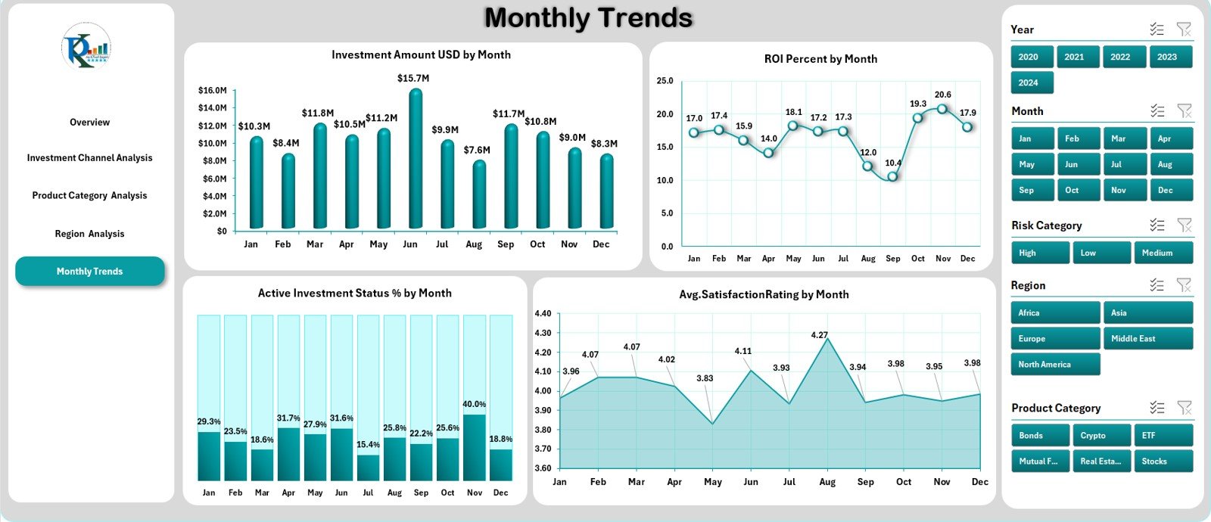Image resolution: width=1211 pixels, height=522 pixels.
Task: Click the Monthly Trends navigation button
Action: point(89,272)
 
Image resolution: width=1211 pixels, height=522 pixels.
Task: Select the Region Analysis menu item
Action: point(89,234)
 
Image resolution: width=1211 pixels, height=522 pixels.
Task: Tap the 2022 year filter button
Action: point(1120,57)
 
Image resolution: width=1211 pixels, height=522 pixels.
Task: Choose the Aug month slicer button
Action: point(1164,164)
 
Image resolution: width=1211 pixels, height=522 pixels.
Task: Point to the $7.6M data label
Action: point(477,150)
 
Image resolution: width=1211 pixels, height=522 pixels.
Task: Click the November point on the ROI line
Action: point(942,109)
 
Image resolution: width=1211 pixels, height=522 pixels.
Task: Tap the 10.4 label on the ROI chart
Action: point(893,163)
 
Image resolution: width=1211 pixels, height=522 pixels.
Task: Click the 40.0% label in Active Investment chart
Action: point(474,404)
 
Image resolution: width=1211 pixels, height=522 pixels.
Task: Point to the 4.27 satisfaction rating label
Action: point(819,334)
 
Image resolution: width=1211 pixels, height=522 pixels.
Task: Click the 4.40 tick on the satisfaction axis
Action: point(543,313)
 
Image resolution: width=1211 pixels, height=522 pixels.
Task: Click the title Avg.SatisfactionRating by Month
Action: point(764,294)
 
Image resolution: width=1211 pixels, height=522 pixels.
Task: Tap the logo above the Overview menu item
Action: point(86,47)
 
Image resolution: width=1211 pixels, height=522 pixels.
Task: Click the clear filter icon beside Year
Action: point(1184,30)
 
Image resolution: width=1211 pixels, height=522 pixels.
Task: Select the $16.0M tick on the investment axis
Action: point(212,90)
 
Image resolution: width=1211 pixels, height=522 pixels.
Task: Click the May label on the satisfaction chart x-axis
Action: point(712,482)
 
